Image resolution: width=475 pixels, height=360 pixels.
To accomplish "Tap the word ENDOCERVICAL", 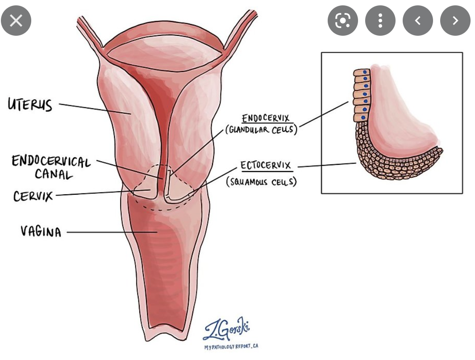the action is [51, 161].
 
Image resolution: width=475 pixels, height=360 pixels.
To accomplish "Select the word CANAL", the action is [54, 174].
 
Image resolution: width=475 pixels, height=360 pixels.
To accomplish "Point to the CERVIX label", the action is [33, 196].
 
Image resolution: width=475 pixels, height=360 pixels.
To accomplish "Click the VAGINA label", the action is [41, 231].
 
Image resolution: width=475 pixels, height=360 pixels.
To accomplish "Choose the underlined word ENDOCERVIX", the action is [265, 118].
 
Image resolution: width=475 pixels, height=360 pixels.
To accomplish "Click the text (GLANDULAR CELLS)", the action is [261, 130].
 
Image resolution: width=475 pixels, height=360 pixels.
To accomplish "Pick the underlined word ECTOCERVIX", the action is [266, 166].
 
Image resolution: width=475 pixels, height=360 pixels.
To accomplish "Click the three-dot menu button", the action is [380, 21].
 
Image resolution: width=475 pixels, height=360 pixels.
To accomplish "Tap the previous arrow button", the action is [417, 21].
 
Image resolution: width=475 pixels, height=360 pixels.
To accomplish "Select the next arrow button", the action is [455, 21].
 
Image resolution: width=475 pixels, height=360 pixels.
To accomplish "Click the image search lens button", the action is [342, 21].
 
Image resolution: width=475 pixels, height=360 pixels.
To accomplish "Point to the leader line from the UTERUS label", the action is [94, 109].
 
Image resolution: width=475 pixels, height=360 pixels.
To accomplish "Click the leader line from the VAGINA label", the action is [112, 232].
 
